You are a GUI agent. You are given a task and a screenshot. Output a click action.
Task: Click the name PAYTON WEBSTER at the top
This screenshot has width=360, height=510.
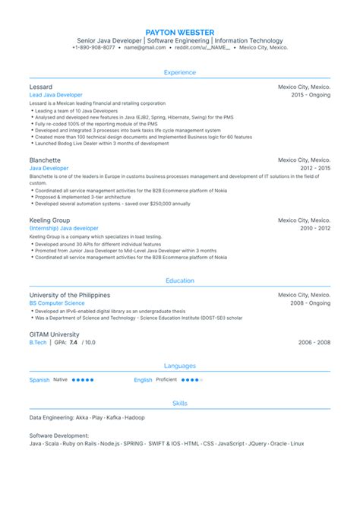tap(180, 31)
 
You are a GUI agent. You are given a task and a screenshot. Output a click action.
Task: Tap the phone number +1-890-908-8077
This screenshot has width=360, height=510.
tap(94, 47)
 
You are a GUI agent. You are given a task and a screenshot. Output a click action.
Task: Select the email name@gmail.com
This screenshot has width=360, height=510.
tap(144, 47)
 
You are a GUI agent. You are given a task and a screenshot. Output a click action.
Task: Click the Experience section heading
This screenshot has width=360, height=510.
tap(180, 72)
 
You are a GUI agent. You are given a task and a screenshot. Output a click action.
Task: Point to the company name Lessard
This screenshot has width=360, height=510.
tap(41, 87)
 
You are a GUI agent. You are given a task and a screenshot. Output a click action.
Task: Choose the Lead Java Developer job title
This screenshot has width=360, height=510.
tap(56, 95)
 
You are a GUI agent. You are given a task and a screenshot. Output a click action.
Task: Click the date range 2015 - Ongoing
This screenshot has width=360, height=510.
tap(311, 95)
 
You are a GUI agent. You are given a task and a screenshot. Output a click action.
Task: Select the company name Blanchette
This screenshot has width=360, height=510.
tap(46, 160)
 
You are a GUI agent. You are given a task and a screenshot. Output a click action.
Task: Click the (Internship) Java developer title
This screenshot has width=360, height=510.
tap(64, 228)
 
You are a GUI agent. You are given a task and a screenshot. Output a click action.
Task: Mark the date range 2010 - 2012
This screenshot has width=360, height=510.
tap(314, 228)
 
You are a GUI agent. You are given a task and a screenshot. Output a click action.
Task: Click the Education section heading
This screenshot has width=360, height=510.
tap(180, 280)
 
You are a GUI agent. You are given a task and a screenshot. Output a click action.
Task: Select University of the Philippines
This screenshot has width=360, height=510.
tap(69, 295)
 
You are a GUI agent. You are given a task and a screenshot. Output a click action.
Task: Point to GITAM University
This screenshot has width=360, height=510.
tap(54, 334)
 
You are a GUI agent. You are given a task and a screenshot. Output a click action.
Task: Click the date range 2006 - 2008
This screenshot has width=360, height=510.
tap(314, 343)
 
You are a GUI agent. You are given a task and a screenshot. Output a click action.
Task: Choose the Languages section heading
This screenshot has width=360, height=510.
tap(180, 366)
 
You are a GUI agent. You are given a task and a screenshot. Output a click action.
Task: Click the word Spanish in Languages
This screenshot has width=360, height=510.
tap(39, 379)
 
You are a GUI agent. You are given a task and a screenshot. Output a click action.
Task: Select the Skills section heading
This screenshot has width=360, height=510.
tap(180, 403)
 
